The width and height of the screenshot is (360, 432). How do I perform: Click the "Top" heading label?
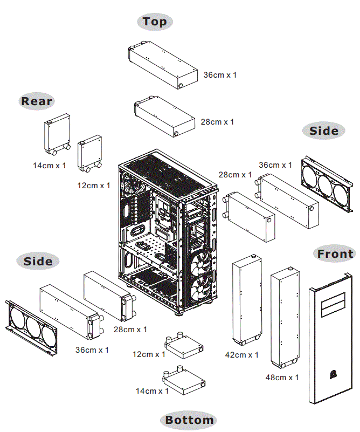pyautogui.click(x=155, y=22)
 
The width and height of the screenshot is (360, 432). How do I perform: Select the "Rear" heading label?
pyautogui.click(x=37, y=101)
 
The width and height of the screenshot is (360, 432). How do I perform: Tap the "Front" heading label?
pyautogui.click(x=335, y=254)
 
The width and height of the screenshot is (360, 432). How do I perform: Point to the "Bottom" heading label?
pyautogui.click(x=189, y=420)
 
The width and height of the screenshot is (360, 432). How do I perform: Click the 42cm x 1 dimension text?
pyautogui.click(x=241, y=355)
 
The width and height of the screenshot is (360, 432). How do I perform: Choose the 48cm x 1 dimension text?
pyautogui.click(x=282, y=377)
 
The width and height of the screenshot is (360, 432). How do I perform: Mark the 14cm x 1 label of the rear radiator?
pyautogui.click(x=50, y=166)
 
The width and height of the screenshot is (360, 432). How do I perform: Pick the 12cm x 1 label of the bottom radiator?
pyautogui.click(x=149, y=354)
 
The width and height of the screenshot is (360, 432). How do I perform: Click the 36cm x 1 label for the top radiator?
pyautogui.click(x=220, y=75)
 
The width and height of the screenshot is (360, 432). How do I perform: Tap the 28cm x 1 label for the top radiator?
pyautogui.click(x=217, y=122)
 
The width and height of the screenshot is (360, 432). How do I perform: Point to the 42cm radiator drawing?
pyautogui.click(x=247, y=300)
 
